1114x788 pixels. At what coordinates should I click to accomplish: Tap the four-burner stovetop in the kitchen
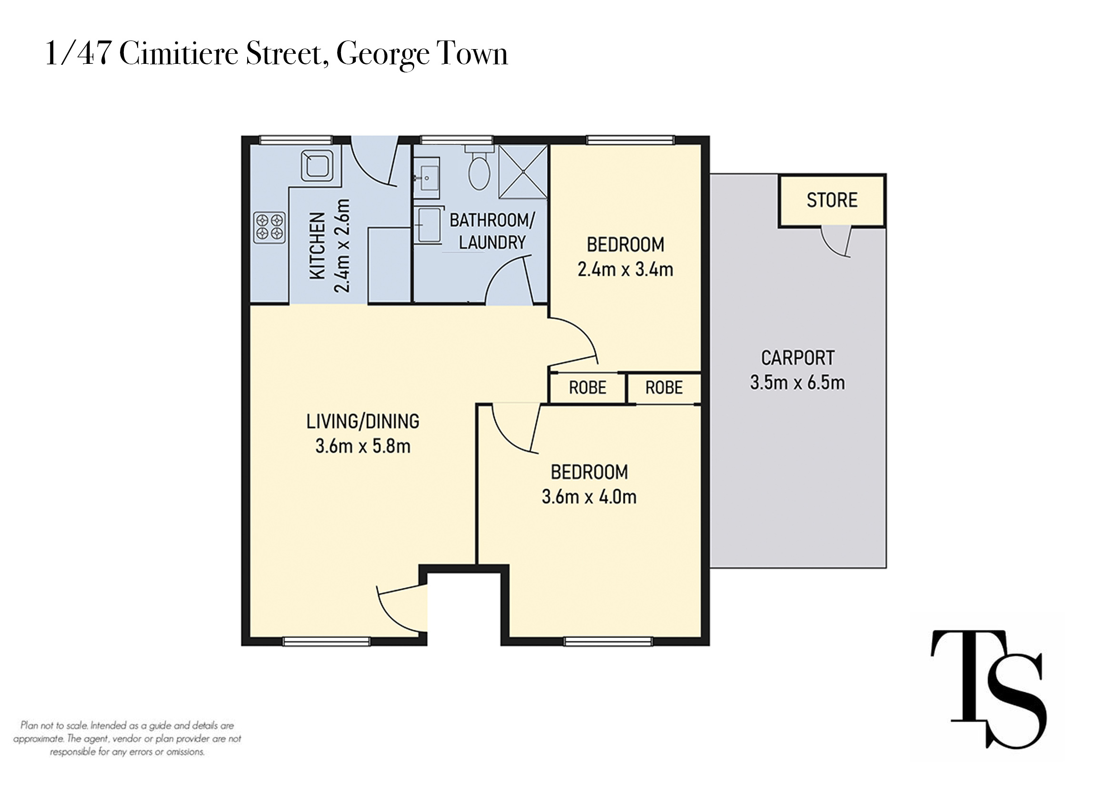(x=269, y=227)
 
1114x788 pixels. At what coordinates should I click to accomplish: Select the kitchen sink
(x=317, y=165)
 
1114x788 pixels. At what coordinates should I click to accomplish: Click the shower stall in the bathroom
(x=523, y=172)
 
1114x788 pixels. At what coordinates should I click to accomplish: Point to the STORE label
(x=832, y=200)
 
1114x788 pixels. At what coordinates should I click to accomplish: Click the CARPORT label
(x=798, y=358)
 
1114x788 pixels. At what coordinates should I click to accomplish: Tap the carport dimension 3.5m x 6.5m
(x=797, y=383)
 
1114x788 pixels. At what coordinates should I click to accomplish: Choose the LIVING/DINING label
(x=362, y=422)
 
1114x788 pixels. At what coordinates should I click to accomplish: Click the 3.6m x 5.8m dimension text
(x=362, y=446)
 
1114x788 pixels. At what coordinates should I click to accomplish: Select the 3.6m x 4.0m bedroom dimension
(x=589, y=497)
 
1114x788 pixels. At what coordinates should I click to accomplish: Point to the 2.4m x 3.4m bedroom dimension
(x=625, y=269)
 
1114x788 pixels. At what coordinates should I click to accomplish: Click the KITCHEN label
(x=317, y=245)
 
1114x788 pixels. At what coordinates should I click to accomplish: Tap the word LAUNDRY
(x=492, y=242)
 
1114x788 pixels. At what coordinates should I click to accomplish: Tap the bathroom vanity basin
(x=426, y=178)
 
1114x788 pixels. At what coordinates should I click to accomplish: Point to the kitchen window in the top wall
(x=296, y=140)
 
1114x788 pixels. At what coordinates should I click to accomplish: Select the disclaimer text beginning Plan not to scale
(x=127, y=738)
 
